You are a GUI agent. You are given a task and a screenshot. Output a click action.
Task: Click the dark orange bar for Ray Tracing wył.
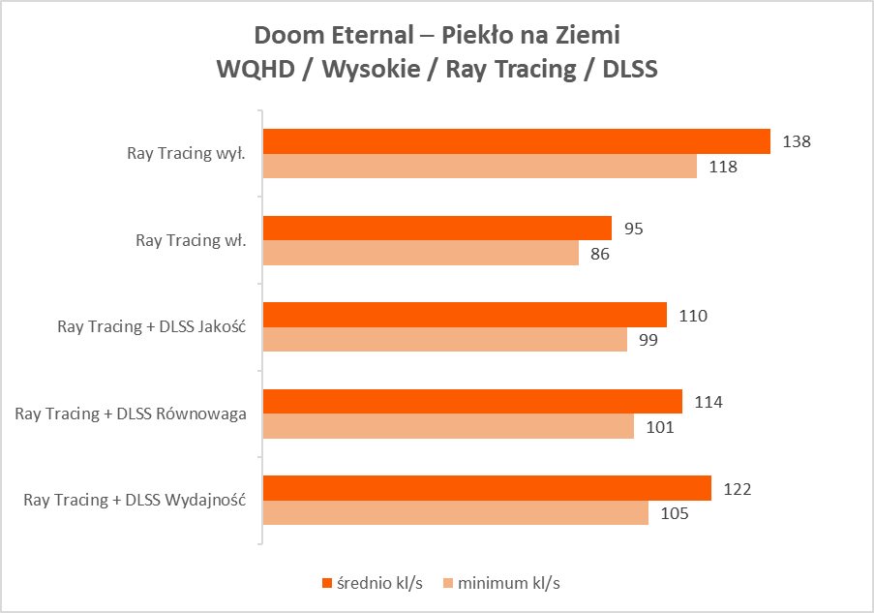[517, 141]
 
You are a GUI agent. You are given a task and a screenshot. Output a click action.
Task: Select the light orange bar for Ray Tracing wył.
[480, 167]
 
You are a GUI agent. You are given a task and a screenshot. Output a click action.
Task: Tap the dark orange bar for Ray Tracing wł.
[437, 229]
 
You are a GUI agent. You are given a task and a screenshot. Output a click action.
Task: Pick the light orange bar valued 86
[421, 253]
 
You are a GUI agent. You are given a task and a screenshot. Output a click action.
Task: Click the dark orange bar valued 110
[465, 315]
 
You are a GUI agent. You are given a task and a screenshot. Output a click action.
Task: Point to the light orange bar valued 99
[445, 340]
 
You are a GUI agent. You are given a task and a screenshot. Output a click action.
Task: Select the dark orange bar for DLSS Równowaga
[472, 401]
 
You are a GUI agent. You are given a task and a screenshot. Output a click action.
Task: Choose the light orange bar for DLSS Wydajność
[456, 512]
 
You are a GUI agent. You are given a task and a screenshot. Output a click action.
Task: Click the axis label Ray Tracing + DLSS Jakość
[152, 327]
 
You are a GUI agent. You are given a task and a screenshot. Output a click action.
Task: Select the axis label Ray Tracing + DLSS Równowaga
[131, 414]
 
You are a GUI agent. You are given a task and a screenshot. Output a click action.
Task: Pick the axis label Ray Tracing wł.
[191, 241]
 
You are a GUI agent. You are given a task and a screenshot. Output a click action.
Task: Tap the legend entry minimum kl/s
[502, 582]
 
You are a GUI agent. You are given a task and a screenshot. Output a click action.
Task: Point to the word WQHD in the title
[252, 71]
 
